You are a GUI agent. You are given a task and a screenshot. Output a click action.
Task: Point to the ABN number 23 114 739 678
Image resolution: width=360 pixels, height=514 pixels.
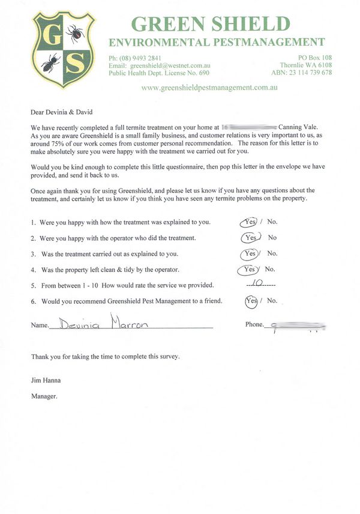310,73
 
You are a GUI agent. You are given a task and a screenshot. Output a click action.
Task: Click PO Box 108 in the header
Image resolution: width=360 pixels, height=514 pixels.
314,58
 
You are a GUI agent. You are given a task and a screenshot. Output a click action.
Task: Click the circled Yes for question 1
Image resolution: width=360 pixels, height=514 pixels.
250,222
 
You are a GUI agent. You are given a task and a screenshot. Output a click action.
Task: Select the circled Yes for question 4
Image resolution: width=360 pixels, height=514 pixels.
250,269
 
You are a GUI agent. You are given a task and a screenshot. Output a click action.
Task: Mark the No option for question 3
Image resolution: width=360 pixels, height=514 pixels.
272,253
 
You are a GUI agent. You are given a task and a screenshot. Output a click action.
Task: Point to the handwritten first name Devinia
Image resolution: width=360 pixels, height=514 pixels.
77,325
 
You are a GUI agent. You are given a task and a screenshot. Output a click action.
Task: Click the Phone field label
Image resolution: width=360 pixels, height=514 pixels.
254,325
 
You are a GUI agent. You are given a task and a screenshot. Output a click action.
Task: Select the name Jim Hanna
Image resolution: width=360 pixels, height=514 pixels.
46,380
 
